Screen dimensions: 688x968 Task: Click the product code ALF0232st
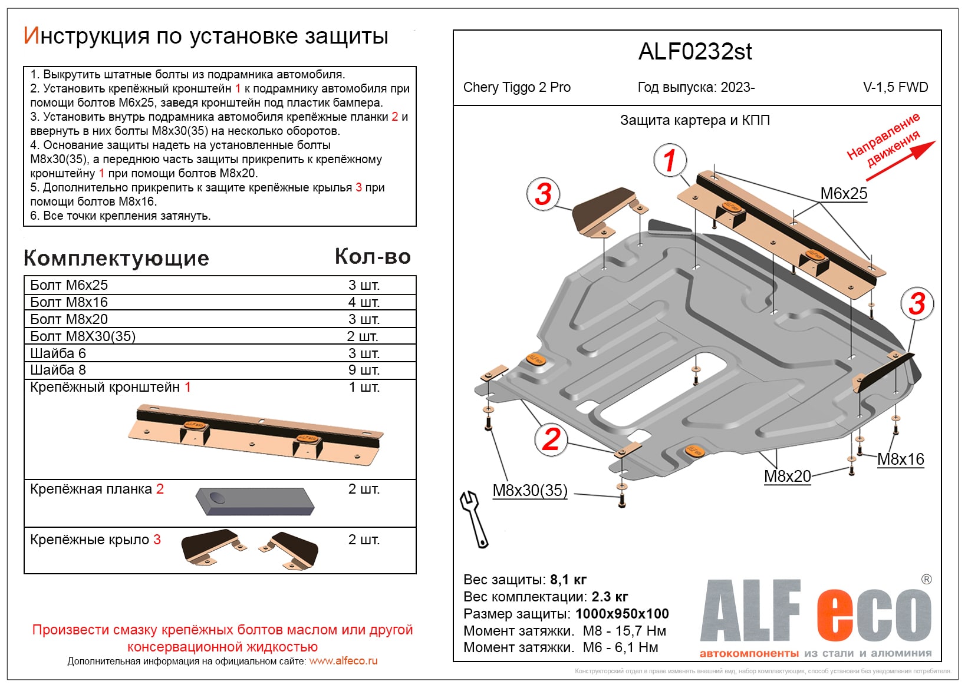[x=695, y=52]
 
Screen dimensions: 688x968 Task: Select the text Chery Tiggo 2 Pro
[x=516, y=87]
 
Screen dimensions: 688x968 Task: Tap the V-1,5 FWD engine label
[x=895, y=87]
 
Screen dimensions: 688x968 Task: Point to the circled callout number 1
[x=669, y=160]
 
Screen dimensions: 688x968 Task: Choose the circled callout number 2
[x=551, y=439]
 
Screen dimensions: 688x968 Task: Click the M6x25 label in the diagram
[x=844, y=193]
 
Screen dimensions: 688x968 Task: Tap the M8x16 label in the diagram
[x=900, y=459]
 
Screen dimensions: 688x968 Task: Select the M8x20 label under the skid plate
[x=787, y=476]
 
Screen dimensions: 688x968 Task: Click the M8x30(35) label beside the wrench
[x=529, y=490]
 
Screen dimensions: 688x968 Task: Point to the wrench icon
[x=473, y=519]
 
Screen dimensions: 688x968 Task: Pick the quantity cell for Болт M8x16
[x=364, y=302]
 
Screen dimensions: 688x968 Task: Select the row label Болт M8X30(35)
[x=83, y=336]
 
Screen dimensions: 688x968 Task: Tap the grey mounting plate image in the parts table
[x=255, y=501]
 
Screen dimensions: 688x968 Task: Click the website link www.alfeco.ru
[x=343, y=661]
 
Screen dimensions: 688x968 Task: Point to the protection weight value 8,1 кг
[x=568, y=580]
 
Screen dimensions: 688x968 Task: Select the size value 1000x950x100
[x=622, y=614]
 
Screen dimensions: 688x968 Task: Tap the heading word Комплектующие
[x=116, y=258]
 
